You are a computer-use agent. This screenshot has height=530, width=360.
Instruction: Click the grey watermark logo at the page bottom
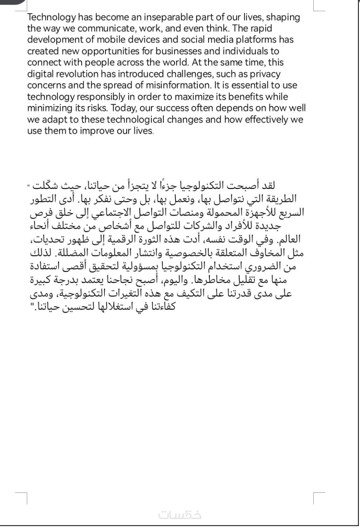[180, 515]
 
